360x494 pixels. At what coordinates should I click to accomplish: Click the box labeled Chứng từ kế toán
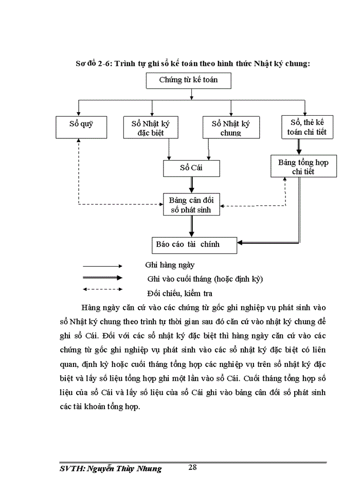188,80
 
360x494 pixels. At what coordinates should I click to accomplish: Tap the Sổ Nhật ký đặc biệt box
151,128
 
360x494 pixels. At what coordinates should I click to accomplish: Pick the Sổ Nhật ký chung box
230,128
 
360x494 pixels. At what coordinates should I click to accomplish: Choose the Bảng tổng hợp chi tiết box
303,167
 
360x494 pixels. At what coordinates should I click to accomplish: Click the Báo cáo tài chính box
194,244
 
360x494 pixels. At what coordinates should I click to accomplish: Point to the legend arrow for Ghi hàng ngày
102,266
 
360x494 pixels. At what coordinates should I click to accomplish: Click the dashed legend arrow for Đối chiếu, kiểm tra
102,289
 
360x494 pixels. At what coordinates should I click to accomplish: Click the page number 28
193,467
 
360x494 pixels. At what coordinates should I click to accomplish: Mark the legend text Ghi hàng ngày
170,266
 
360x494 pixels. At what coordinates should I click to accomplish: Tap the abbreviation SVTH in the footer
70,469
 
